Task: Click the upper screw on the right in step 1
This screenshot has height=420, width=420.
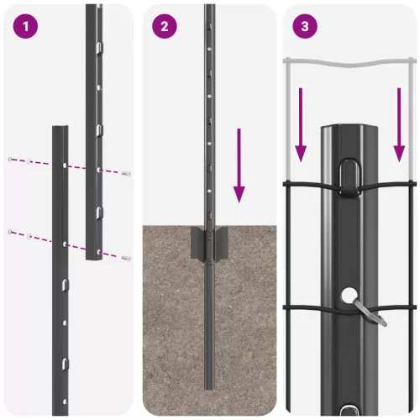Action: click(125, 172)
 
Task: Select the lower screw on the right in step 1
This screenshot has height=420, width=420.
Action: click(125, 257)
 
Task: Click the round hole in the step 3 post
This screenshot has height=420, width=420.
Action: click(349, 296)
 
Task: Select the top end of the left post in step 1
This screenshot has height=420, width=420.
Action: click(60, 129)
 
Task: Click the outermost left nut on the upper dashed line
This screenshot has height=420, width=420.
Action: click(9, 159)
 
